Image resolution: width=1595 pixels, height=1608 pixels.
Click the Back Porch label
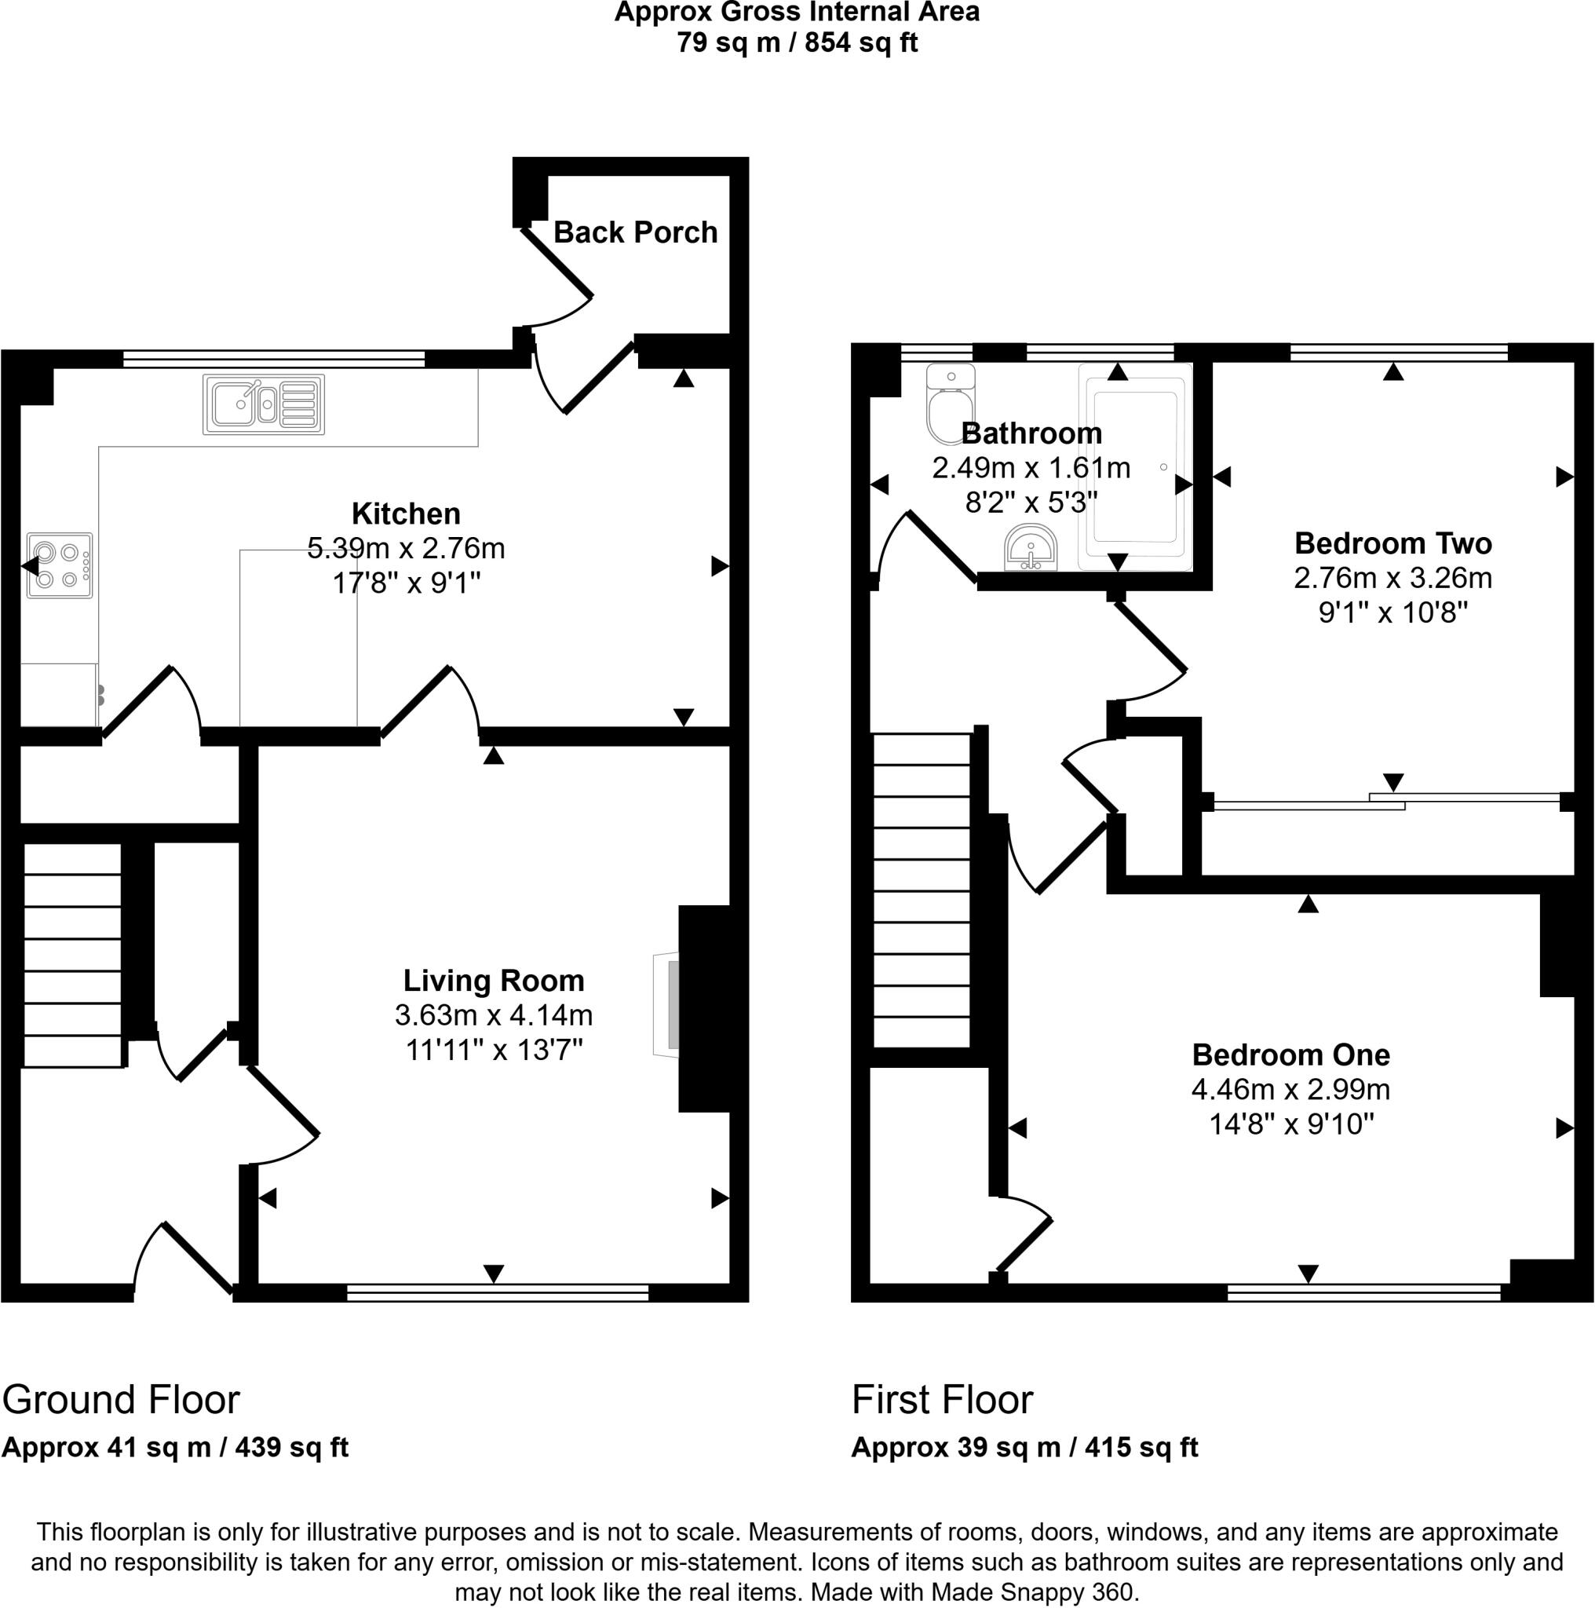tap(635, 232)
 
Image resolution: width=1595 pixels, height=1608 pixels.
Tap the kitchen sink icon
tap(263, 404)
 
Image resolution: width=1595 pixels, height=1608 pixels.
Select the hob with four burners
tap(59, 565)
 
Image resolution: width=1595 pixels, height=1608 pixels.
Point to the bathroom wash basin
tap(1031, 548)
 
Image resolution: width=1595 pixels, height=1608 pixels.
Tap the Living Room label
tap(494, 981)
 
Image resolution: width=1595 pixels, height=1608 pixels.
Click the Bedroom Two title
tap(1392, 543)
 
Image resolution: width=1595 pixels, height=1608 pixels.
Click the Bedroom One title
tap(1290, 1054)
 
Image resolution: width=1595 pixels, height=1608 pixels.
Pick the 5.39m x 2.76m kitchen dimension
tap(406, 549)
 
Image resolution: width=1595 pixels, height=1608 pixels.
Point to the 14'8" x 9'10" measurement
tap(1290, 1124)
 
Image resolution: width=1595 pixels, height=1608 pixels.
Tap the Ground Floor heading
tap(122, 1400)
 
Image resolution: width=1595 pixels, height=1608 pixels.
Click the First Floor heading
tap(942, 1400)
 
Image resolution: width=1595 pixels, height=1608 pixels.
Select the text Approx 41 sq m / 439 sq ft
tap(175, 1447)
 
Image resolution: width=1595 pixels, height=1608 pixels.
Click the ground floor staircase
tap(72, 956)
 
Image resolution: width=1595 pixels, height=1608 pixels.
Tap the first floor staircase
tap(921, 890)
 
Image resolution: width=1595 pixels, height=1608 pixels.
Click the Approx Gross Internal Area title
tap(796, 13)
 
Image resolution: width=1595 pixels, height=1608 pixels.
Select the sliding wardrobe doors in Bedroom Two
tap(1385, 802)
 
